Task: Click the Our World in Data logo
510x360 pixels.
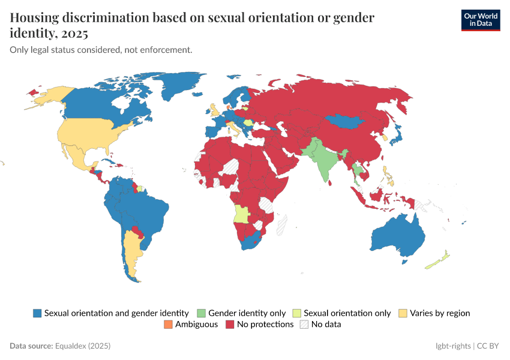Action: pyautogui.click(x=480, y=20)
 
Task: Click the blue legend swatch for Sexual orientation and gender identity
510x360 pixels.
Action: pyautogui.click(x=37, y=313)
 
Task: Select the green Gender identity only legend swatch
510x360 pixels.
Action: pyautogui.click(x=201, y=313)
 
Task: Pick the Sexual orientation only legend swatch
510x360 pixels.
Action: pyautogui.click(x=297, y=313)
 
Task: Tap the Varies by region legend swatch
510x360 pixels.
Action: pyautogui.click(x=403, y=313)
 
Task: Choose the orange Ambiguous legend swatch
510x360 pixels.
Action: pyautogui.click(x=167, y=325)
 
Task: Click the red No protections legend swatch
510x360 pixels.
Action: pyautogui.click(x=230, y=325)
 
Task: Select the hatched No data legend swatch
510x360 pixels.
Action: pyautogui.click(x=304, y=325)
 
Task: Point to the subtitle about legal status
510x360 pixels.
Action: pyautogui.click(x=101, y=50)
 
